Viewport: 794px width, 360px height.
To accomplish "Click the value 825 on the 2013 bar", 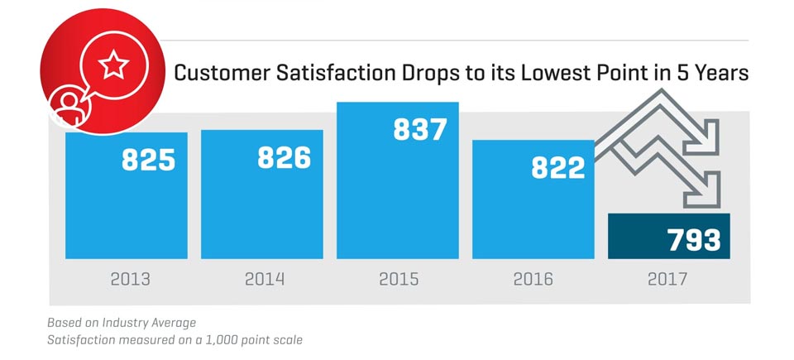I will (148, 159).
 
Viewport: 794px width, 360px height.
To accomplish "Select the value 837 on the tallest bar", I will (419, 130).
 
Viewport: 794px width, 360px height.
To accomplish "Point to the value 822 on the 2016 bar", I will (557, 166).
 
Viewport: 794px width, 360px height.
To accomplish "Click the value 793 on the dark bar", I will (693, 240).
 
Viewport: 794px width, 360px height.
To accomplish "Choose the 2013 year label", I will (131, 280).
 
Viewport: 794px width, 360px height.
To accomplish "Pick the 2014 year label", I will (265, 280).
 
